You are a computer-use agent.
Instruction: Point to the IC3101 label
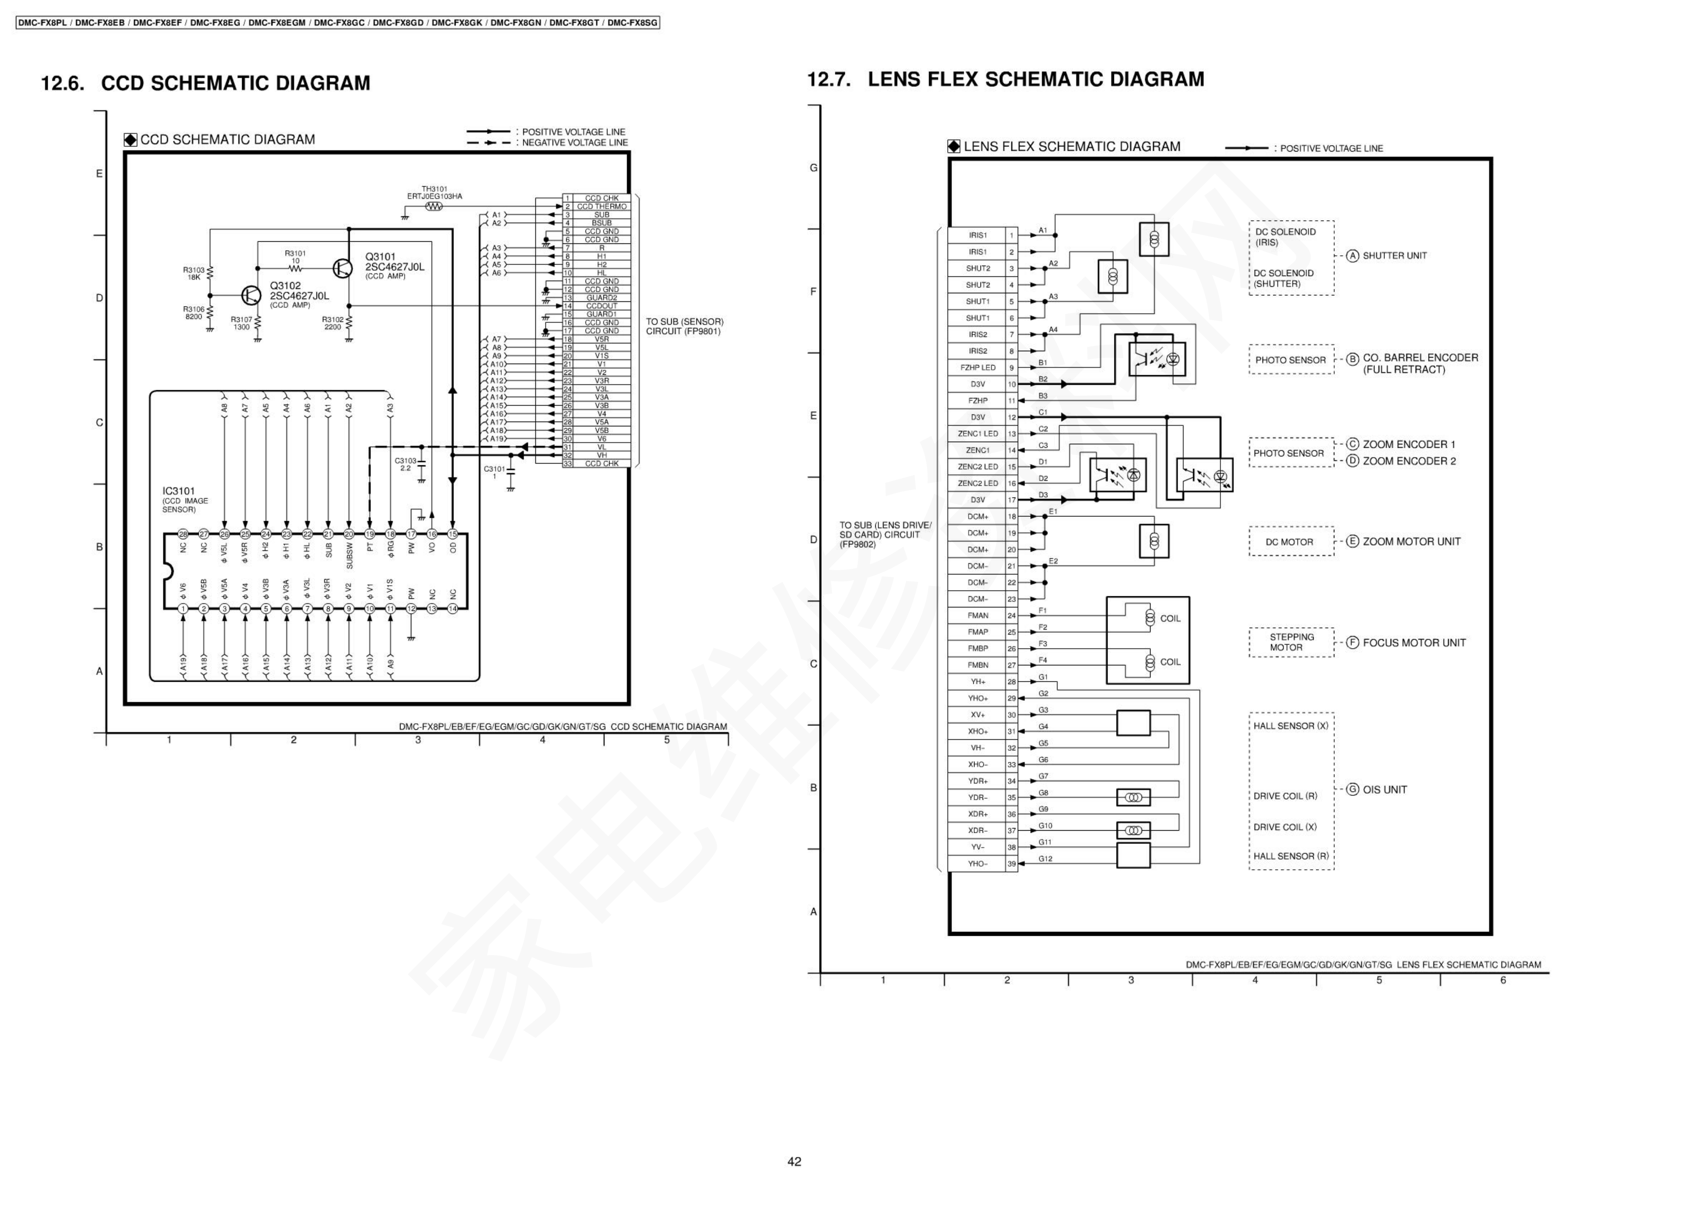[x=179, y=491]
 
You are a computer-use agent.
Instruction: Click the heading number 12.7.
[x=829, y=79]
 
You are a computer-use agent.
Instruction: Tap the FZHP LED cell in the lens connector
[x=977, y=368]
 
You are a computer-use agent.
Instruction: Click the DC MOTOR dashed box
[x=1290, y=542]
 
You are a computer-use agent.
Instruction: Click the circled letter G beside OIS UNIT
[x=1353, y=789]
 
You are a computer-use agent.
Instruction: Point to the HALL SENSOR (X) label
[x=1290, y=725]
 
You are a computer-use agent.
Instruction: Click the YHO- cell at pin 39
[x=977, y=864]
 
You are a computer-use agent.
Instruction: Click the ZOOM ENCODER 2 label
[x=1409, y=461]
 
